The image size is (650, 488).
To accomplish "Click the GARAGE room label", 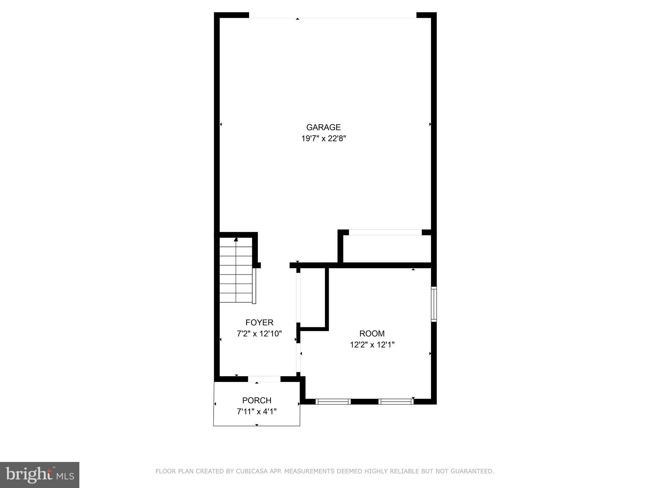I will coord(323,127).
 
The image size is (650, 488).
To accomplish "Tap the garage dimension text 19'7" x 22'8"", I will coord(323,139).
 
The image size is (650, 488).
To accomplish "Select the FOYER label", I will coord(259,323).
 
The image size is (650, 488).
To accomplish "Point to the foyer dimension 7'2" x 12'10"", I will coord(259,334).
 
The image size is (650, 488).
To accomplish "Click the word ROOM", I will coord(372,334).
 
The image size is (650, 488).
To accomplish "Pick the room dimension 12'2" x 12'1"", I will coord(372,345).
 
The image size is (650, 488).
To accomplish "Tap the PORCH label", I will coord(257,400).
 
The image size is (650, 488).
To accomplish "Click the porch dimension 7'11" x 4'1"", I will coord(257,412).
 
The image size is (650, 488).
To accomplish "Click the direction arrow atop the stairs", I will coord(236,239).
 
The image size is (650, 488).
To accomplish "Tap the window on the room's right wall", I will coord(434,304).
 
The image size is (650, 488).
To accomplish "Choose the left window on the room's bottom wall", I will coord(333,402).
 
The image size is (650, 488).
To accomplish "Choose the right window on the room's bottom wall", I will coord(396,402).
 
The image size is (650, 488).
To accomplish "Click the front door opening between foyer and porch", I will coord(264,379).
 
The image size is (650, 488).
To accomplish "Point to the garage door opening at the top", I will coord(332,15).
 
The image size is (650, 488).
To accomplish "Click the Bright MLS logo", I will coord(39,475).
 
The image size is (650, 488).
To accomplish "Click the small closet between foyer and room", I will coord(312,297).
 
